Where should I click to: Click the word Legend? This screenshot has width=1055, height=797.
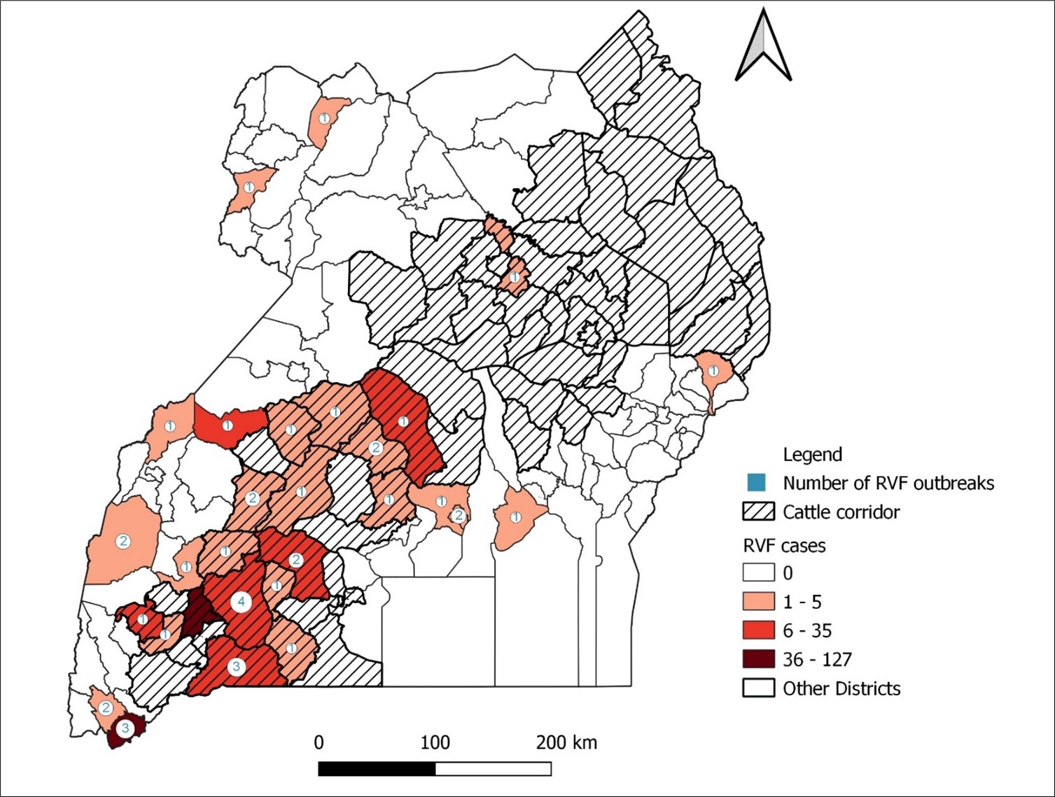click(x=812, y=455)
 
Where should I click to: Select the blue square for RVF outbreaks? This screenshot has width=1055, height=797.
click(x=757, y=483)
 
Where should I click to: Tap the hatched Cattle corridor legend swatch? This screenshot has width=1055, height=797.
click(x=758, y=512)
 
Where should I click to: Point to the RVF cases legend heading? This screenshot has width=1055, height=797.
click(x=783, y=545)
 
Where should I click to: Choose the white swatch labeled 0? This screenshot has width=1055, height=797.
click(x=758, y=572)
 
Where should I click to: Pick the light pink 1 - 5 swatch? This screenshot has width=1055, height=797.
click(x=758, y=601)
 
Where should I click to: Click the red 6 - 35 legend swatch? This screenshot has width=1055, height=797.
click(x=758, y=630)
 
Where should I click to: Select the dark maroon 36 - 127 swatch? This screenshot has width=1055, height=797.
click(x=758, y=659)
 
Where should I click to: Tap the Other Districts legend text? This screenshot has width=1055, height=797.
click(x=841, y=689)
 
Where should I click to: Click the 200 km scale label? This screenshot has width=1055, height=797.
click(x=566, y=742)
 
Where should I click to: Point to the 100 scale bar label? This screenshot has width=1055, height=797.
click(x=435, y=742)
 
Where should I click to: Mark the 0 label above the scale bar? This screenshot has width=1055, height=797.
click(x=319, y=742)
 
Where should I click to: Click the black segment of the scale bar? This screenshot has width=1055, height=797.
click(x=377, y=769)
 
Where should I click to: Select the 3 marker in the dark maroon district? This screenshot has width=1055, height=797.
click(x=125, y=728)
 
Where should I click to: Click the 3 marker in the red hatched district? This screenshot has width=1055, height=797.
click(x=237, y=666)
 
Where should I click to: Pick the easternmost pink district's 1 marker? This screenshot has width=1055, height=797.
click(x=713, y=371)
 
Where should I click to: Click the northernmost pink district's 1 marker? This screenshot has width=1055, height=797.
click(x=324, y=119)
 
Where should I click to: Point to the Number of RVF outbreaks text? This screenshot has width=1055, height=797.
click(x=888, y=483)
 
